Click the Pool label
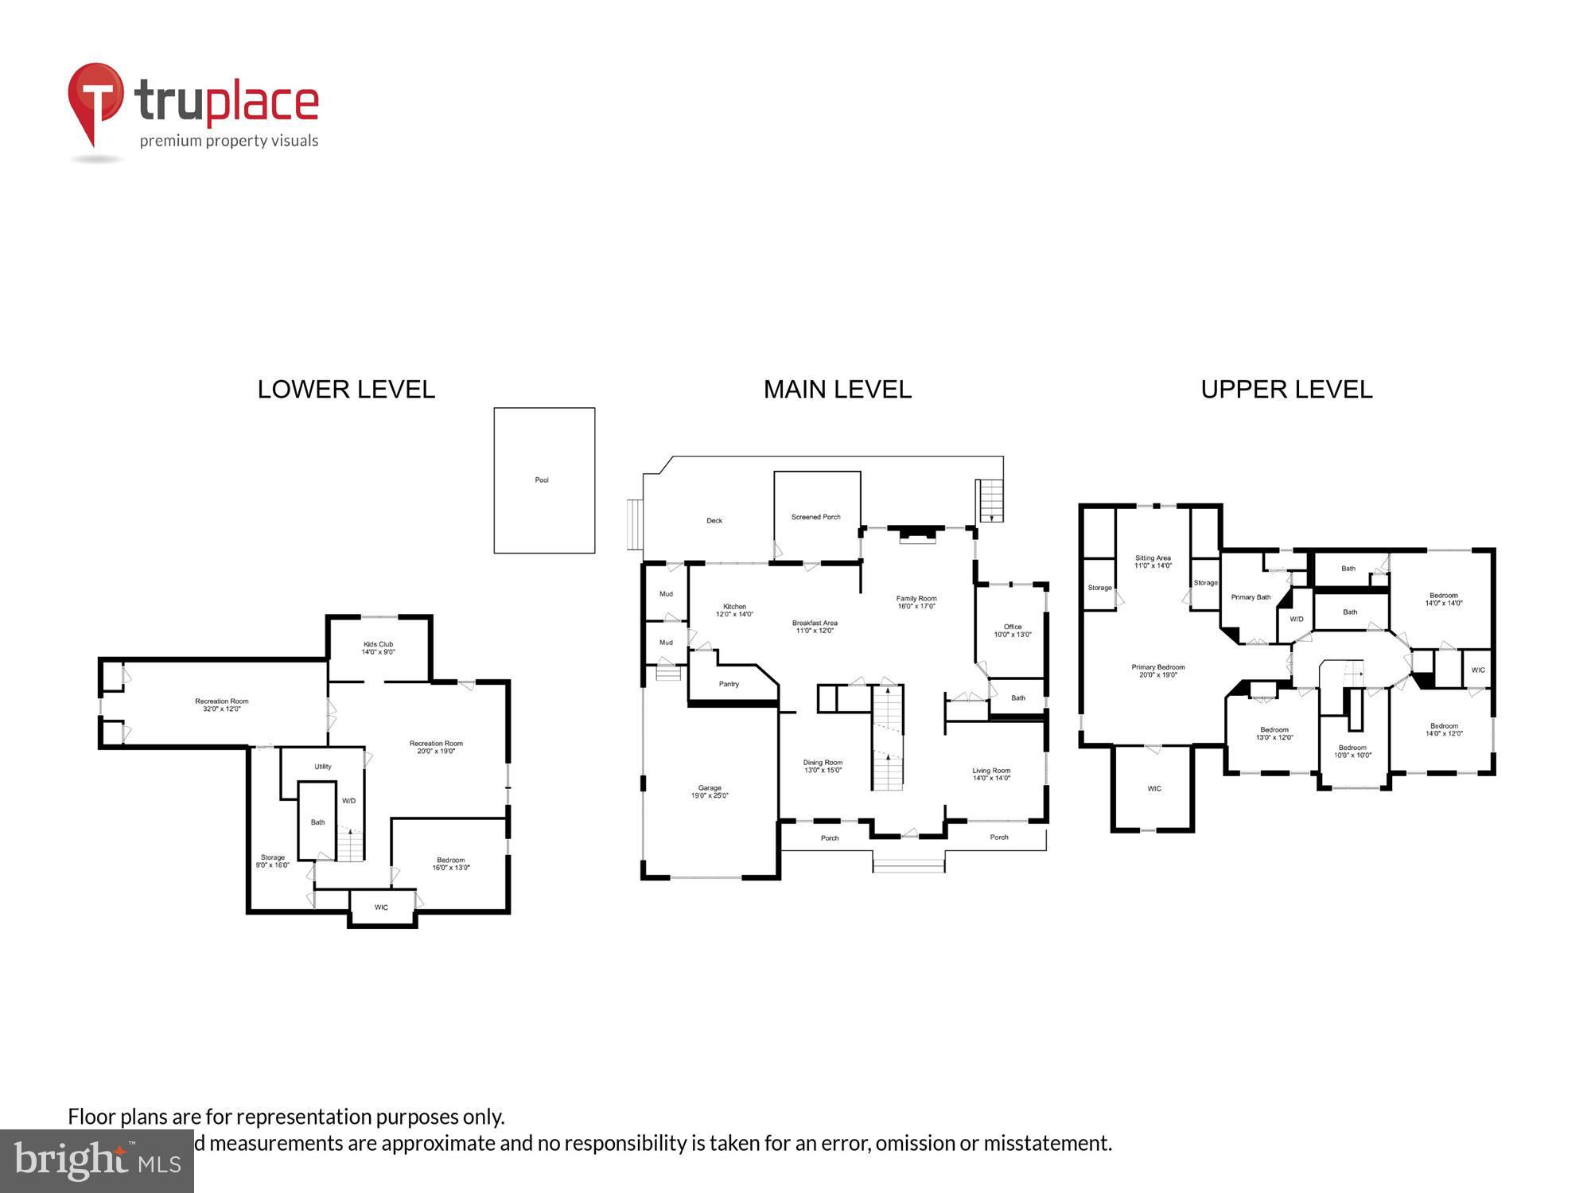(542, 480)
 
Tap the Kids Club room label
(378, 648)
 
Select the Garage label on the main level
(710, 791)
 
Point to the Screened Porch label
(815, 517)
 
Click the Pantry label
(729, 684)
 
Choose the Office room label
(1013, 631)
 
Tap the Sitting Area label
(1153, 562)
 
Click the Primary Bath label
(1251, 597)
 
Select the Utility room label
(323, 767)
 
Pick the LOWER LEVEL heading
(346, 390)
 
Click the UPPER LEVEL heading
(1286, 390)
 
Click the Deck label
(714, 521)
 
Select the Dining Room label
(823, 766)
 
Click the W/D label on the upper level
(1297, 619)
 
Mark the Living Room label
(991, 774)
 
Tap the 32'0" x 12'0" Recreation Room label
(222, 705)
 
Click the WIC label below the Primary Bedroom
(1154, 789)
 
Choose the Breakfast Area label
(815, 627)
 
